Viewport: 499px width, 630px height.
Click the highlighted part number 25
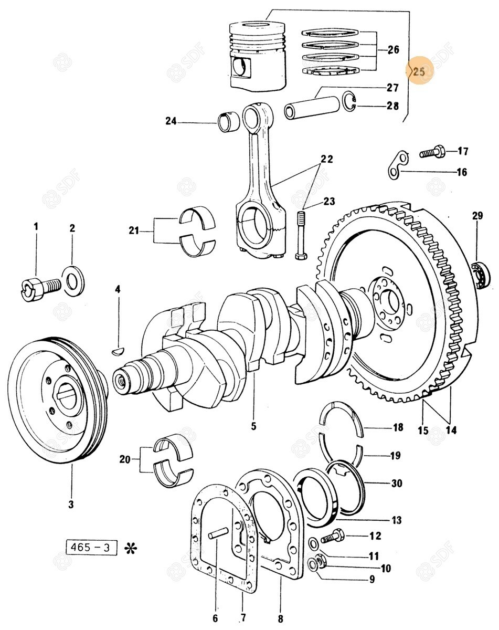[419, 72]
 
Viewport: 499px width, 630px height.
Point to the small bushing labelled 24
[229, 121]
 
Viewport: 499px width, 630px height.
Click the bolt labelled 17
[432, 153]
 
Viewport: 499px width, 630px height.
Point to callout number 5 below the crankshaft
[253, 426]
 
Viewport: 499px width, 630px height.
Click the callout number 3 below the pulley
[71, 505]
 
